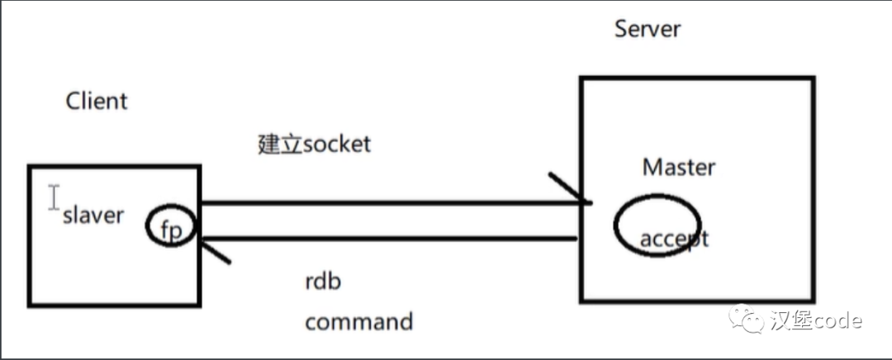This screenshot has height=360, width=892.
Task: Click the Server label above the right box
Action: pyautogui.click(x=648, y=28)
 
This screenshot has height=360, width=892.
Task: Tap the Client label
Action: pyautogui.click(x=97, y=102)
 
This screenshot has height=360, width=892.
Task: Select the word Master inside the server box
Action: pyautogui.click(x=678, y=167)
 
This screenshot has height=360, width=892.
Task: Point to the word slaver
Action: pyautogui.click(x=93, y=216)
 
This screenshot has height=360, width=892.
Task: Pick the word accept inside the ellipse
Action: pyautogui.click(x=674, y=239)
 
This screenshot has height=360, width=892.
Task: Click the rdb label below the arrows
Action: pyautogui.click(x=323, y=281)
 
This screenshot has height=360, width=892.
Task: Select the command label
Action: pyautogui.click(x=358, y=320)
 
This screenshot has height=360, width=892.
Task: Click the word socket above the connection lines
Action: pyautogui.click(x=337, y=144)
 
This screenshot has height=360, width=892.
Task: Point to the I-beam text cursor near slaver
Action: pyautogui.click(x=54, y=197)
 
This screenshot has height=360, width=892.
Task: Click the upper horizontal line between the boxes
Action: pyautogui.click(x=388, y=202)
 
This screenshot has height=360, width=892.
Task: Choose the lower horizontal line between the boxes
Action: pyautogui.click(x=388, y=239)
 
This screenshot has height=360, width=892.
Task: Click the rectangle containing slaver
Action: pyautogui.click(x=114, y=272)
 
